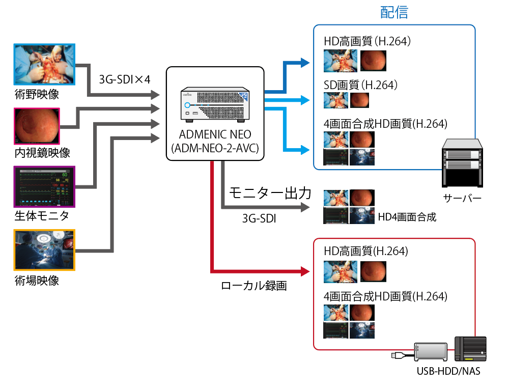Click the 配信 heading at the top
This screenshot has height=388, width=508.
pyautogui.click(x=394, y=13)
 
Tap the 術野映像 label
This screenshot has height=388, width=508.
pyautogui.click(x=37, y=94)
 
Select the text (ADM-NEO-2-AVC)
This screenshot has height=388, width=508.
pyautogui.click(x=215, y=148)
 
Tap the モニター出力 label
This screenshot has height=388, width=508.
pyautogui.click(x=269, y=193)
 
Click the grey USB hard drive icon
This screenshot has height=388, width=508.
pyautogui.click(x=430, y=352)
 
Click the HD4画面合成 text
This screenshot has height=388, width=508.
pyautogui.click(x=407, y=217)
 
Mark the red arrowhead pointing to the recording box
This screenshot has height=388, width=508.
pyautogui.click(x=305, y=270)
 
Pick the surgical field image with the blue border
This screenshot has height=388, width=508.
pyautogui.click(x=45, y=66)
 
